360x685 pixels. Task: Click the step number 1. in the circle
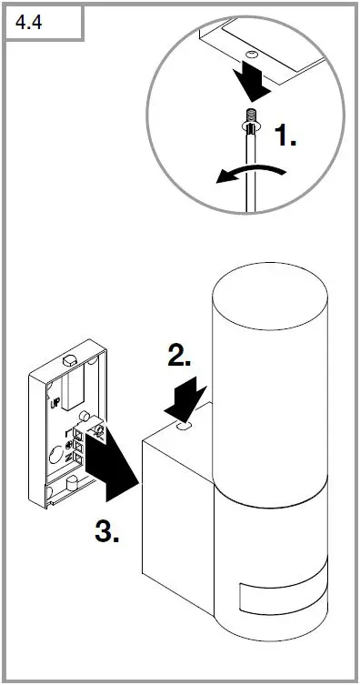(285, 137)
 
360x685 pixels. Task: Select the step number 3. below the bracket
(107, 531)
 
